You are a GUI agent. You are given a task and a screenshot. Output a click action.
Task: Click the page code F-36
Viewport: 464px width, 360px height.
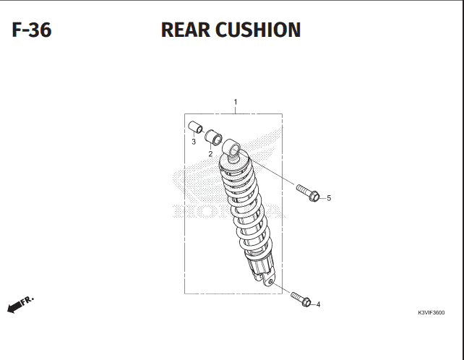32,30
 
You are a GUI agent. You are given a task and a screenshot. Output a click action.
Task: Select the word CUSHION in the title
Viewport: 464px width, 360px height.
258,30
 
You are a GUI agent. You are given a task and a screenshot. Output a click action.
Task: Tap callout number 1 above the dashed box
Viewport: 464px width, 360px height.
236,102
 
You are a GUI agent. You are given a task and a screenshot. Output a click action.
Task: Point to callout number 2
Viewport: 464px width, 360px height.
210,154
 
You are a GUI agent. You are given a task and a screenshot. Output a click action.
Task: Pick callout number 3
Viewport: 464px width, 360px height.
194,142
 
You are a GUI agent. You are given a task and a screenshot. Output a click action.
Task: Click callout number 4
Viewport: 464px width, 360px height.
319,304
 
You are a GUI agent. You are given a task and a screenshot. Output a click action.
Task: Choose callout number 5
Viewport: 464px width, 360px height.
329,198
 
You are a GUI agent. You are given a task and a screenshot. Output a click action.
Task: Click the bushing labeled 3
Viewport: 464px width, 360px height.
195,127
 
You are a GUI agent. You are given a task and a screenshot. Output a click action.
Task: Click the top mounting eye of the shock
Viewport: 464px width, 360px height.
232,147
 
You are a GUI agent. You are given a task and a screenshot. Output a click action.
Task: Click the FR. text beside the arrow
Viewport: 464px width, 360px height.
27,300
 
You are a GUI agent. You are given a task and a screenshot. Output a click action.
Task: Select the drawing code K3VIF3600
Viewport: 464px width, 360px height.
431,312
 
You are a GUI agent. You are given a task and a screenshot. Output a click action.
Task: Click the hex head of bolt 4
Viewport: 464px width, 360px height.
306,303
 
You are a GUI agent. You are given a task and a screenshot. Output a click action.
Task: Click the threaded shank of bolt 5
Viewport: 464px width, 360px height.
302,189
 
